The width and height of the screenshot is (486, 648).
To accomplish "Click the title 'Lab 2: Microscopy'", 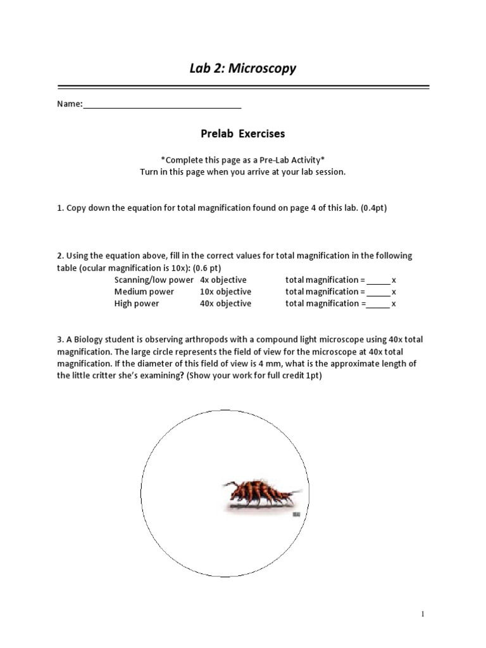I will (x=242, y=68).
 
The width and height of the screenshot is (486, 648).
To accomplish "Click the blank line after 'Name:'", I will (x=162, y=105).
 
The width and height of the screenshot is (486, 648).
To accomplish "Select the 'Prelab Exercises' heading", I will (x=242, y=134).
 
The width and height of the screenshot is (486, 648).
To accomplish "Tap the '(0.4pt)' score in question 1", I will (x=373, y=208).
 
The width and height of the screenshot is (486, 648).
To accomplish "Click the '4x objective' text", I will (x=223, y=280).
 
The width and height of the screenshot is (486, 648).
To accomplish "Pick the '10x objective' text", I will (x=225, y=292).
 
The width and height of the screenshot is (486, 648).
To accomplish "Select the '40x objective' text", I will (x=225, y=304).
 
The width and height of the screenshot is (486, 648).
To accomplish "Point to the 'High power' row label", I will (x=137, y=304).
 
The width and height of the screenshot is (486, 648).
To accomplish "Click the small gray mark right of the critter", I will (x=296, y=515).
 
